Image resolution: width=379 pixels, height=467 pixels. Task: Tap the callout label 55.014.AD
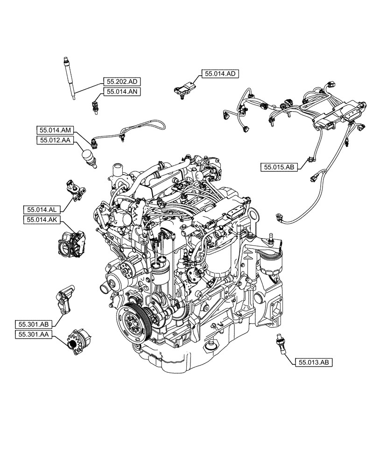[x=220, y=73]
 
